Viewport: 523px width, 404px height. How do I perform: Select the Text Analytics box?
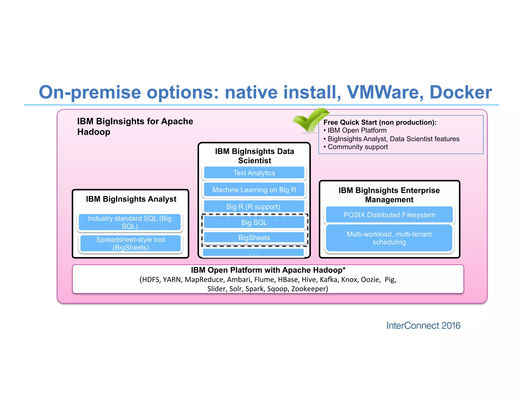[x=254, y=173]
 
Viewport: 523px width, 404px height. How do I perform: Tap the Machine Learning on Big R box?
[x=254, y=190]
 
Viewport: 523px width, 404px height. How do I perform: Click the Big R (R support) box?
[x=254, y=206]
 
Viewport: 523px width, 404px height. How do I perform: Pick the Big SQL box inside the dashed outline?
[x=254, y=222]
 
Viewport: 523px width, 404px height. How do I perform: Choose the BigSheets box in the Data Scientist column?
[x=254, y=237]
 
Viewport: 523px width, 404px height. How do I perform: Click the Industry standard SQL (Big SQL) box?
[x=130, y=222]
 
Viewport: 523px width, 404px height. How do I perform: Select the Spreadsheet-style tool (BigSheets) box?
[x=130, y=243]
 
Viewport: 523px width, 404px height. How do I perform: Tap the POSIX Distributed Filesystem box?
[x=389, y=215]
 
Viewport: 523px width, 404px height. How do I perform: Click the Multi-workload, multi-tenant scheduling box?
[x=389, y=238]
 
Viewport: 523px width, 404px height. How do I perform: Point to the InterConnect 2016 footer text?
[x=423, y=326]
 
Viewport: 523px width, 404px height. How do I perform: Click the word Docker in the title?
[x=460, y=92]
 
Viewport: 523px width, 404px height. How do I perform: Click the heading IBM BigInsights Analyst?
[x=131, y=199]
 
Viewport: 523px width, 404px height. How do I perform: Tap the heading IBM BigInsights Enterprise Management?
[x=389, y=195]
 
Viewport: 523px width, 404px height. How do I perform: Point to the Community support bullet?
[x=358, y=147]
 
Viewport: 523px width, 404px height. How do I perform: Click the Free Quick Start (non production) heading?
[x=380, y=122]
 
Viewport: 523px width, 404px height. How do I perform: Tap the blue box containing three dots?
[x=253, y=253]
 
